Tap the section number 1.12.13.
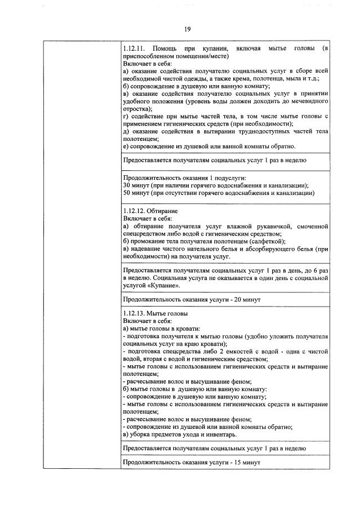click(x=134, y=313)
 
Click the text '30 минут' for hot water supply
click(x=135, y=185)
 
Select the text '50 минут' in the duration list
click(x=135, y=193)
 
